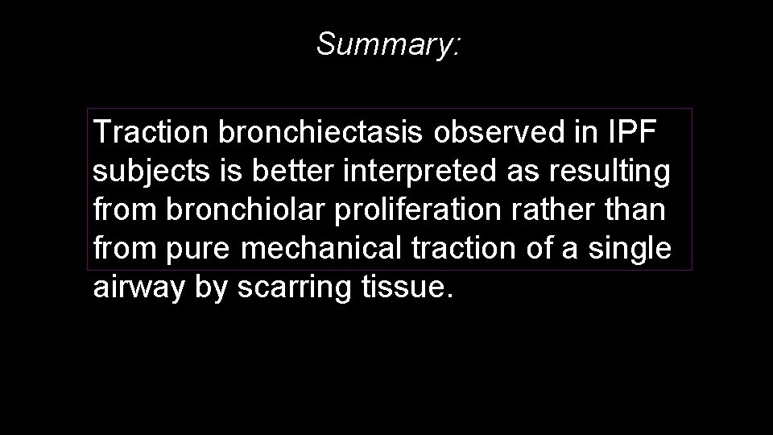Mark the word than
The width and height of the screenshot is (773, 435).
(x=637, y=210)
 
